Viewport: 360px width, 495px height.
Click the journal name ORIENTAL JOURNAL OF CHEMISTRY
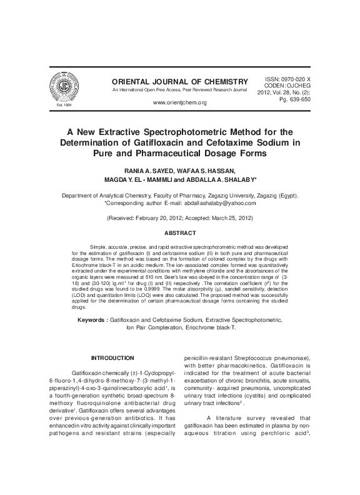(176, 82)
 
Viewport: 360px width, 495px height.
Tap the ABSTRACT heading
(180, 232)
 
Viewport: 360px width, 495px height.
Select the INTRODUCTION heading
(112, 357)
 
